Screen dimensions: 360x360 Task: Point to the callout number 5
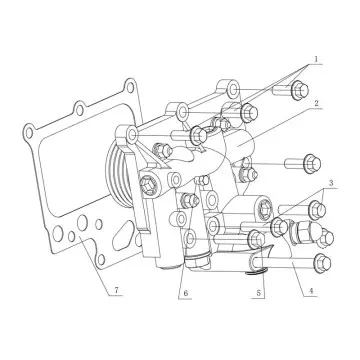pos(260,293)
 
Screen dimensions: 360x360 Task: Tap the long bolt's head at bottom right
pos(320,264)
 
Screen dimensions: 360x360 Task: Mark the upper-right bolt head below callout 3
pos(319,209)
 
